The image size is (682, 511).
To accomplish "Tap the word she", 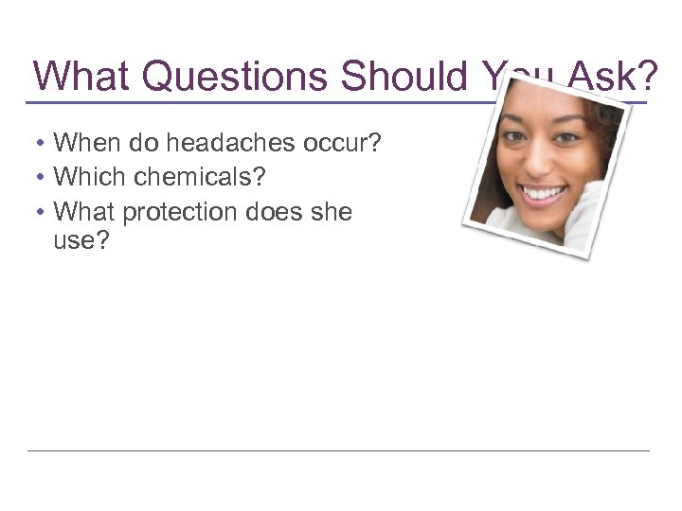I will [x=331, y=211].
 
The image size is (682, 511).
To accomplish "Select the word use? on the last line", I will [x=82, y=241].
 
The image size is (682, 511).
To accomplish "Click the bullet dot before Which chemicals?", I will [x=43, y=178].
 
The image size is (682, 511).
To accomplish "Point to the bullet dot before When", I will [x=43, y=144].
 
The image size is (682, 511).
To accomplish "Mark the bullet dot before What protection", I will [x=43, y=212].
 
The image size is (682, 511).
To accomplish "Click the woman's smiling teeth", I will [x=544, y=193].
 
